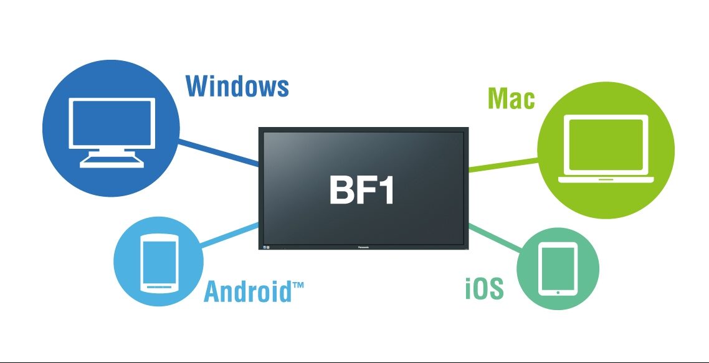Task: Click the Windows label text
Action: point(237,86)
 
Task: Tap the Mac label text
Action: point(511,98)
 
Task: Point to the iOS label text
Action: point(484,289)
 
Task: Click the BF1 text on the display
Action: point(361,191)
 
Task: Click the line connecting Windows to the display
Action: point(218,153)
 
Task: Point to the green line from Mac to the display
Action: point(502,164)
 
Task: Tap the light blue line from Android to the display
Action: point(230,235)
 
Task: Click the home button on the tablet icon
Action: point(558,290)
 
